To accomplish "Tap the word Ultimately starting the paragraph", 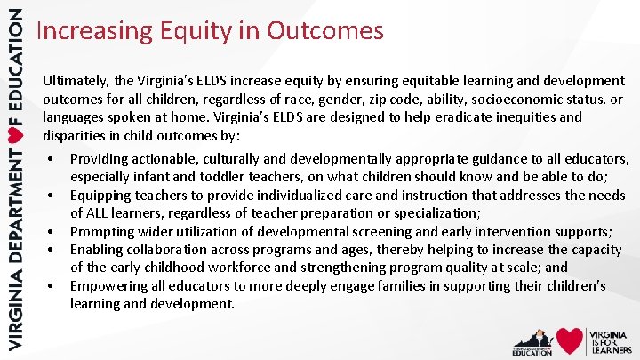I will tap(76, 81).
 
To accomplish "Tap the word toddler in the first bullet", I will tap(204, 177).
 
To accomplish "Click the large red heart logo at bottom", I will tap(569, 340).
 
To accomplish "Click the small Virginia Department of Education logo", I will tap(532, 340).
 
